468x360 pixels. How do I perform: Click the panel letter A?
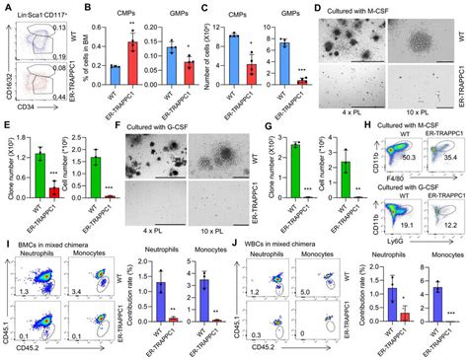point(7,8)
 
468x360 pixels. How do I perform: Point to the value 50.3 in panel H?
point(404,155)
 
